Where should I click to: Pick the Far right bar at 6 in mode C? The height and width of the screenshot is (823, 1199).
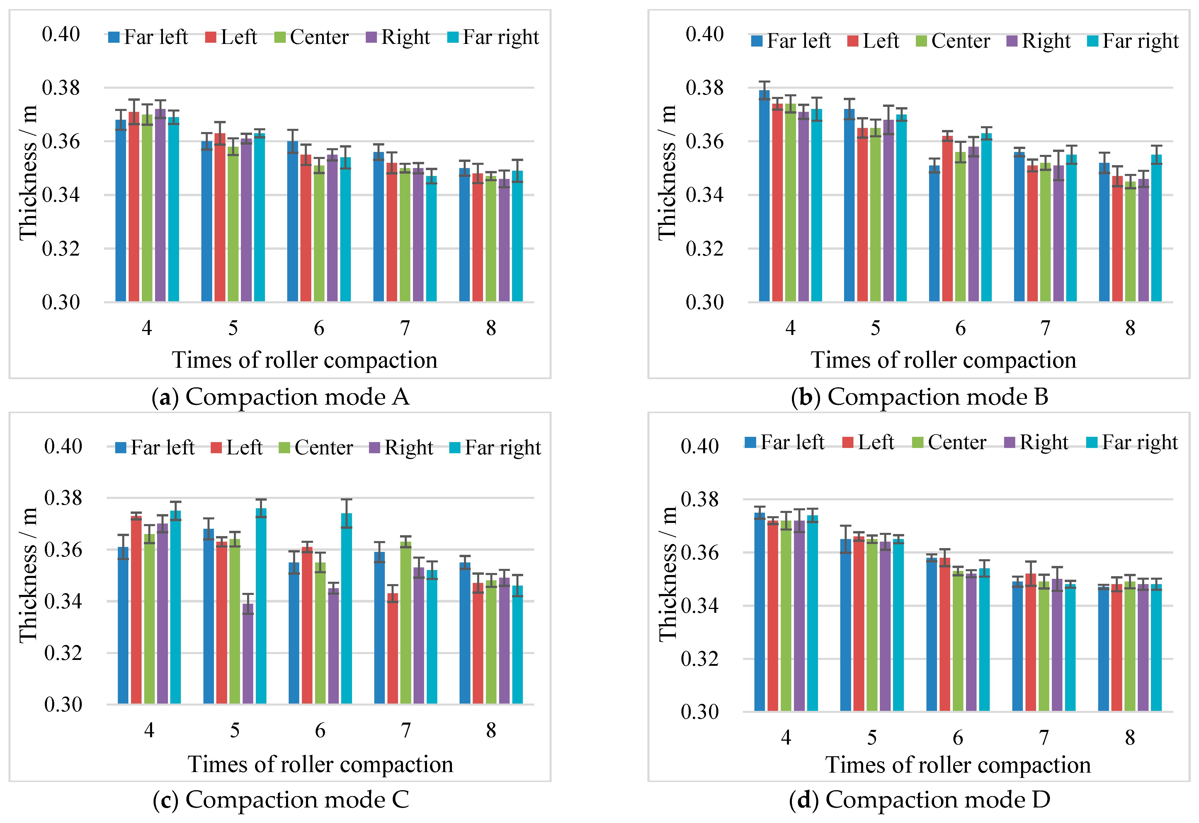pyautogui.click(x=346, y=608)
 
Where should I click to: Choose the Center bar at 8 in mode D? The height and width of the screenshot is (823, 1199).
pyautogui.click(x=1130, y=647)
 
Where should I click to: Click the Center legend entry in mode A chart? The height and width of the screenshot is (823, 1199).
pyautogui.click(x=312, y=37)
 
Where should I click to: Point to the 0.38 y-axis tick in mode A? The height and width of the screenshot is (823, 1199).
pyautogui.click(x=61, y=88)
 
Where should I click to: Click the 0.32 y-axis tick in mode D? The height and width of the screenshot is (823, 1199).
pyautogui.click(x=699, y=658)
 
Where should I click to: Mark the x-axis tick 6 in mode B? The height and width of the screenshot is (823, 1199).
pyautogui.click(x=960, y=328)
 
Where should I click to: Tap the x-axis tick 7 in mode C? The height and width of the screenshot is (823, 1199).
pyautogui.click(x=406, y=730)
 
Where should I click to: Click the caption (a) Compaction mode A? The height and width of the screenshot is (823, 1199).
pyautogui.click(x=280, y=397)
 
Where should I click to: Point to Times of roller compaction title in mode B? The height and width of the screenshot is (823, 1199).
pyautogui.click(x=943, y=360)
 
